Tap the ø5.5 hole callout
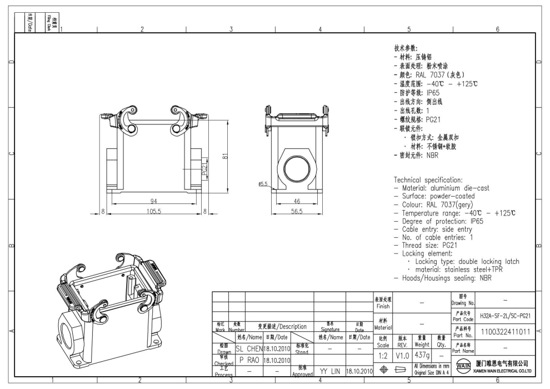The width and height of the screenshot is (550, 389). click(x=264, y=183)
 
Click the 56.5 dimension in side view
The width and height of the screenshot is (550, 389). click(x=297, y=211)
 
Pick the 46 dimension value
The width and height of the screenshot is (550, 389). click(x=297, y=200)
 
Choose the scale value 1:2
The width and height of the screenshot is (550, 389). click(x=383, y=353)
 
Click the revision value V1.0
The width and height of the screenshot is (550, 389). click(x=403, y=353)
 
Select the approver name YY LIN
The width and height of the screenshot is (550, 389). click(x=329, y=370)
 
